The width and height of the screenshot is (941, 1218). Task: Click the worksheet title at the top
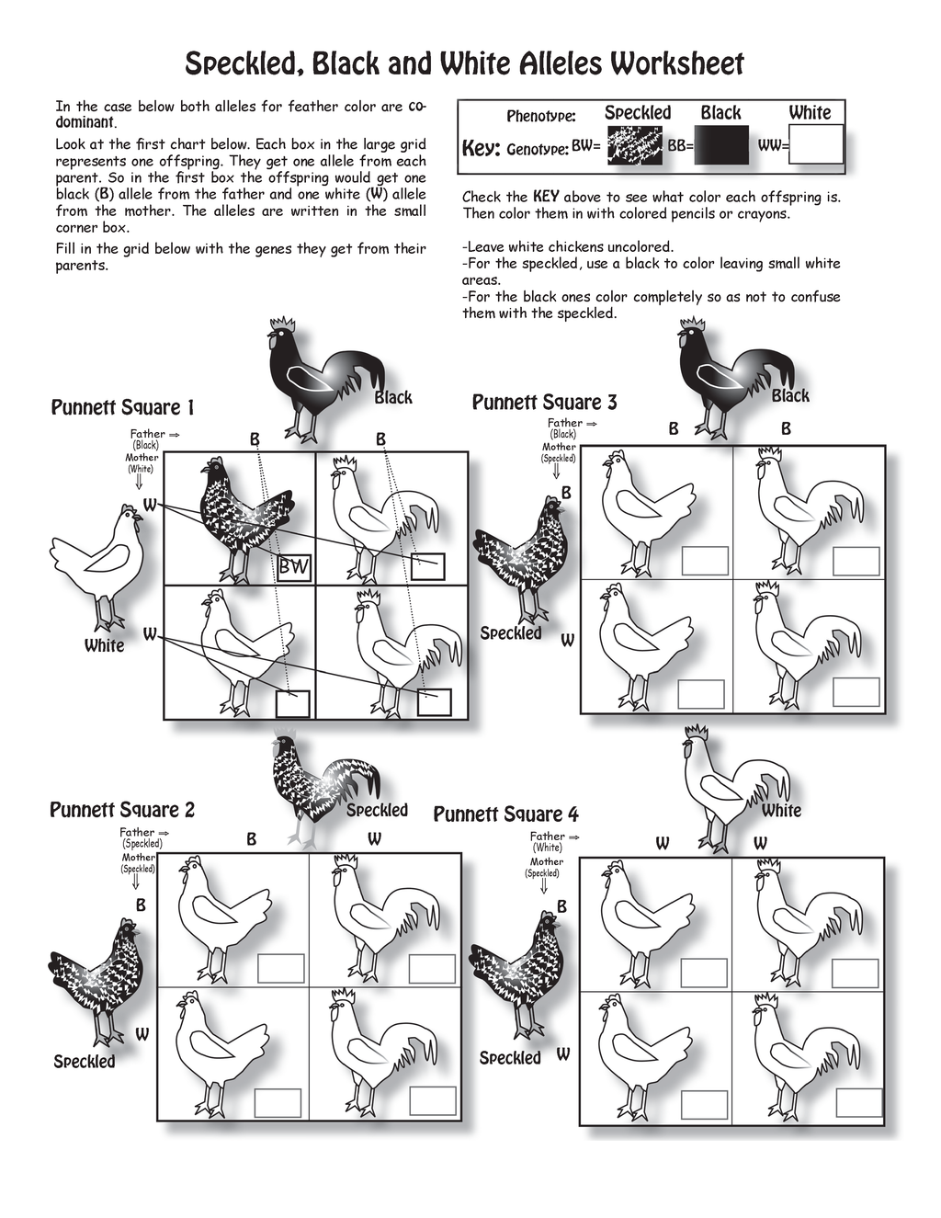(464, 63)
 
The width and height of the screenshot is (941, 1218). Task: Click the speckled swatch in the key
(634, 145)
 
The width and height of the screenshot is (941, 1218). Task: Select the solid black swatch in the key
(721, 145)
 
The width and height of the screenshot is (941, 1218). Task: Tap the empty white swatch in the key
(816, 145)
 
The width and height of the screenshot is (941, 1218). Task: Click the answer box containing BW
(294, 567)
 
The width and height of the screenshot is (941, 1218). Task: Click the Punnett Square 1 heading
(122, 407)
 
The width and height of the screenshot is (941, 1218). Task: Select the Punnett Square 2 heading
(122, 810)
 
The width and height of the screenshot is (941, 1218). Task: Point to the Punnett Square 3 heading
(544, 402)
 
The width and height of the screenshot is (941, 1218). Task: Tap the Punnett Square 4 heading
(505, 814)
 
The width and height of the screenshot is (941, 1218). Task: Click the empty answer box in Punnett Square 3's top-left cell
(705, 561)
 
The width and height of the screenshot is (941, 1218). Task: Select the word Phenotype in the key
(541, 117)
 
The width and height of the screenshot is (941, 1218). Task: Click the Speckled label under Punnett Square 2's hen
(85, 1062)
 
